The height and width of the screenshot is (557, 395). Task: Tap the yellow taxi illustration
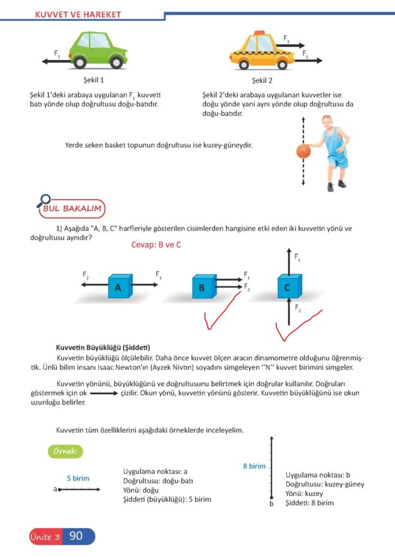tap(260, 52)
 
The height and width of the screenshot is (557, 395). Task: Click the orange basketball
tap(303, 151)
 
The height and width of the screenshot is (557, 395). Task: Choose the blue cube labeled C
tap(287, 286)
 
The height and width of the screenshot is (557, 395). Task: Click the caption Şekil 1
tap(94, 81)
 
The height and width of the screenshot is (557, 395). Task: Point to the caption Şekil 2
tap(262, 81)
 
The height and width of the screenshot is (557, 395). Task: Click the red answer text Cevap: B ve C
tap(156, 245)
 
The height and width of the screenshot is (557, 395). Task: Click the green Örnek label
tap(65, 451)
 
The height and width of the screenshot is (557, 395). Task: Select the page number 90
tap(76, 536)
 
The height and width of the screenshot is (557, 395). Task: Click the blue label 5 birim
tap(78, 478)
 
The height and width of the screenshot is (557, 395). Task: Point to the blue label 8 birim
tap(254, 466)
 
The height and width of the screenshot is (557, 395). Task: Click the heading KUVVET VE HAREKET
tap(78, 15)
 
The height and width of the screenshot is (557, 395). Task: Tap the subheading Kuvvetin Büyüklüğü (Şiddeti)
tap(103, 347)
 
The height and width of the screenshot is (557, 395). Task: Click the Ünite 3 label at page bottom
tap(46, 537)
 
